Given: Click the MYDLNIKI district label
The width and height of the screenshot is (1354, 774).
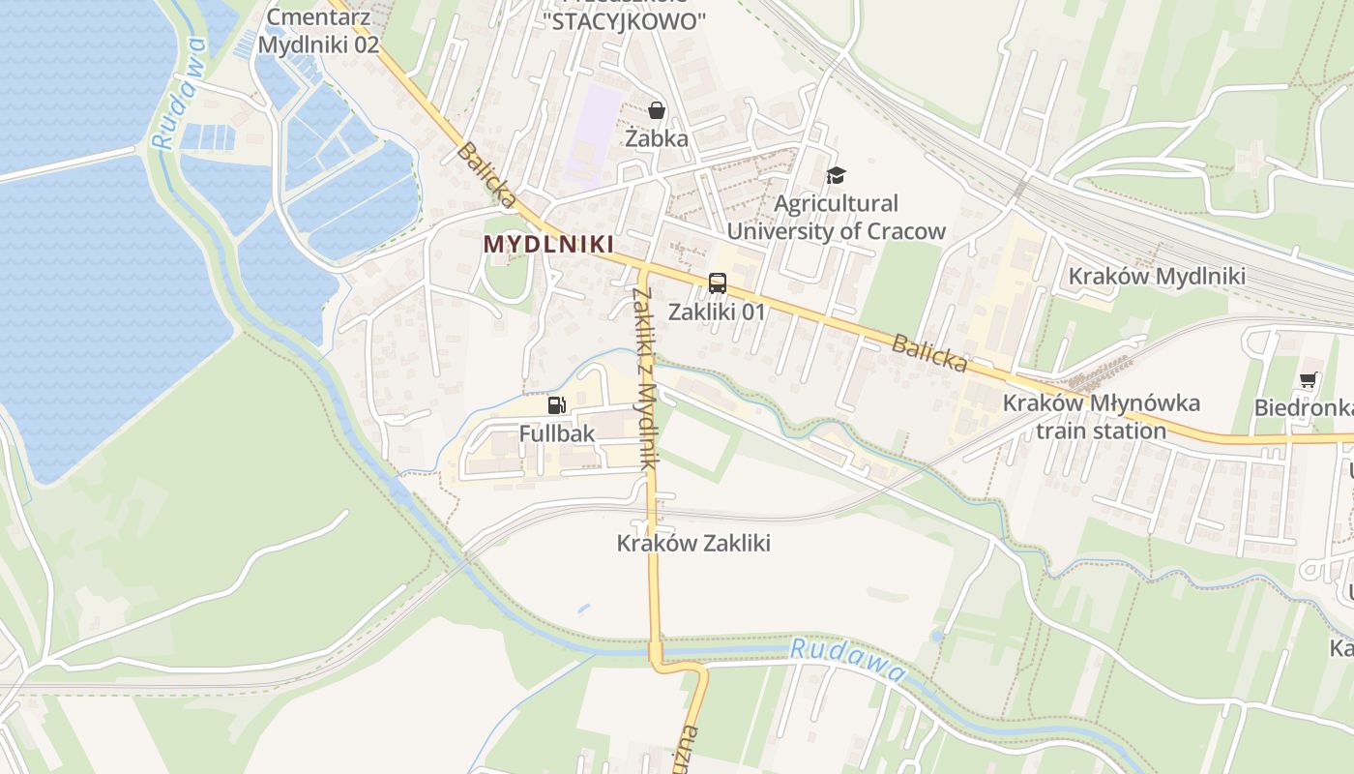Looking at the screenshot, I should [548, 245].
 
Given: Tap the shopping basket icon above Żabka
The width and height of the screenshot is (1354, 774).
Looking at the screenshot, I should [657, 111].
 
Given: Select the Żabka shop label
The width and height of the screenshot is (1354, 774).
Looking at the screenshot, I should [657, 138].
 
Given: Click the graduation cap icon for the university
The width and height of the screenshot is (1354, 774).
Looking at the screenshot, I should [836, 175].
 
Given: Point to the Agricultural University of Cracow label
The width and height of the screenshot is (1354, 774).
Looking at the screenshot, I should [836, 218].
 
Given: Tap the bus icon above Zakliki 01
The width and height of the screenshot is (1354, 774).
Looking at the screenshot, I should [717, 283].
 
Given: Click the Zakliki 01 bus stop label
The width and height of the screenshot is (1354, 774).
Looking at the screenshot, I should [717, 312].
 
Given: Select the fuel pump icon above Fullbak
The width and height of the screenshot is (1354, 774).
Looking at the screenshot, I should [556, 405].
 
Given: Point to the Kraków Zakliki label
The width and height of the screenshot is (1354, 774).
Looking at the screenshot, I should [693, 544].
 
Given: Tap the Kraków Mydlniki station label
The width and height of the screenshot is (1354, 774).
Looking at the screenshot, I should [1157, 277].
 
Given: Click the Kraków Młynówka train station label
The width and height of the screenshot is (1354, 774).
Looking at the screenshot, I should [1102, 417].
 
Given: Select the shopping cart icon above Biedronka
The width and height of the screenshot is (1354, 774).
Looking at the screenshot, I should [1308, 380].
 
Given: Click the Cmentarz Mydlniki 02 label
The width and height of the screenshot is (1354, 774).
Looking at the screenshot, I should [318, 31].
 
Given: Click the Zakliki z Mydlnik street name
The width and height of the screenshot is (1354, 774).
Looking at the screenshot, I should [645, 378].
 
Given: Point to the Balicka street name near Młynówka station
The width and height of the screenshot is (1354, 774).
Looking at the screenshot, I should [929, 353].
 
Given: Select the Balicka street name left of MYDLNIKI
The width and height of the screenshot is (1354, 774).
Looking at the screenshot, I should [486, 175].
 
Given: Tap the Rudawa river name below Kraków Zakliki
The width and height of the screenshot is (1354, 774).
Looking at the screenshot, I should [848, 660].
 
